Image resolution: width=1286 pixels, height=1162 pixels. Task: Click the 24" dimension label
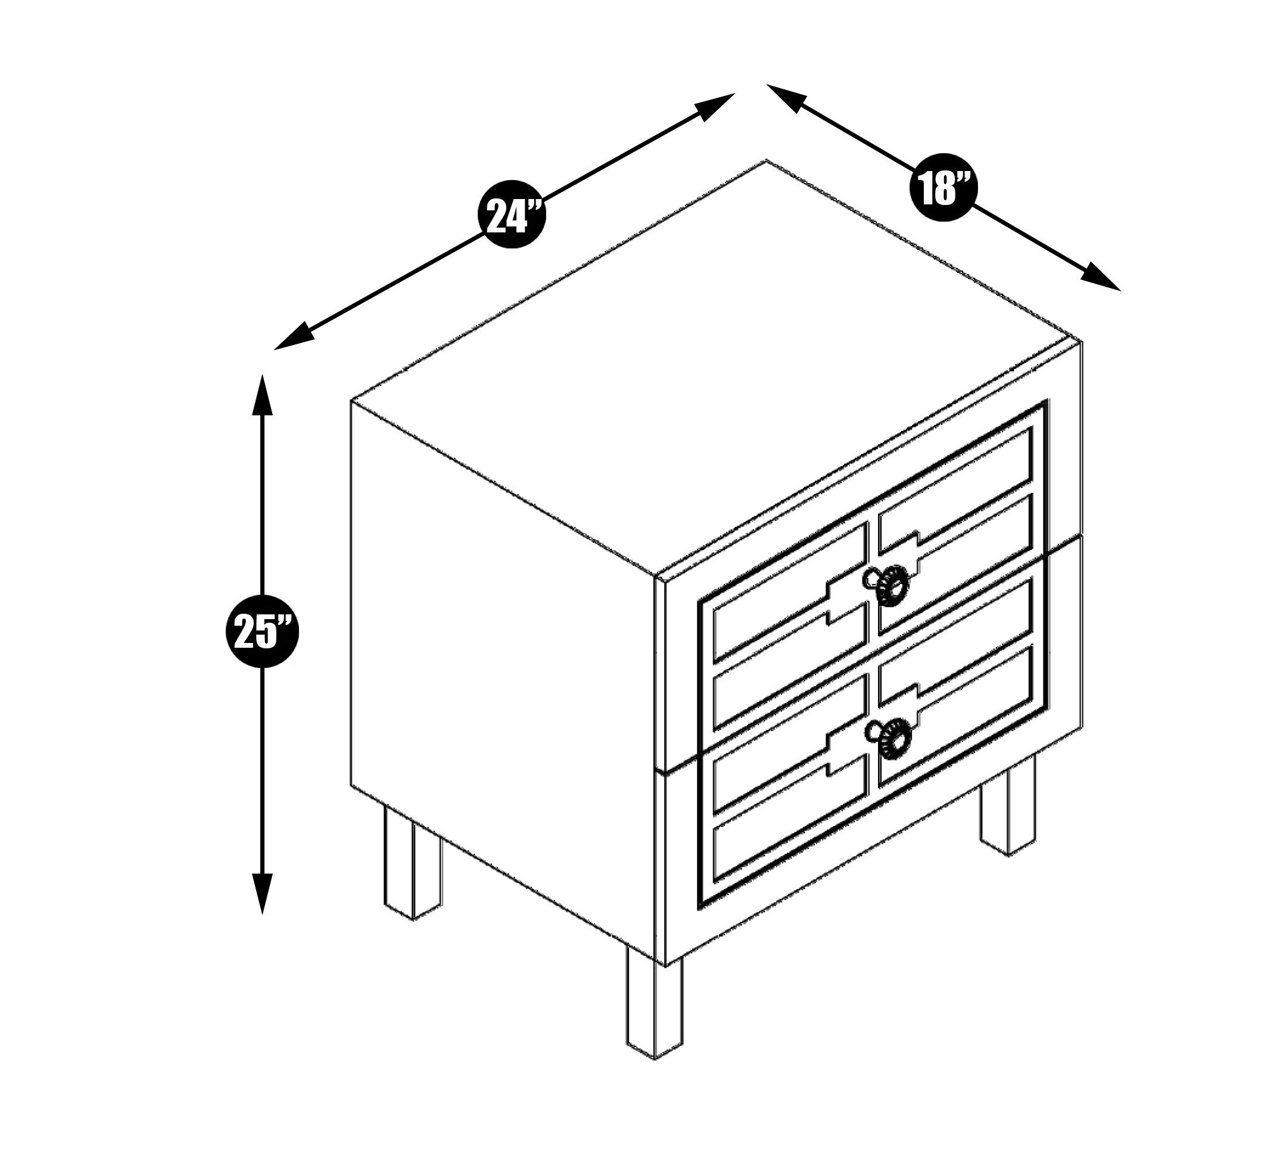click(x=513, y=215)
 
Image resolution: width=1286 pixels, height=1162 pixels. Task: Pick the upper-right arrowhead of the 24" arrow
click(x=714, y=106)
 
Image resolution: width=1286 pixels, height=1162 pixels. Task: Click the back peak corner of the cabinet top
click(x=766, y=161)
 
